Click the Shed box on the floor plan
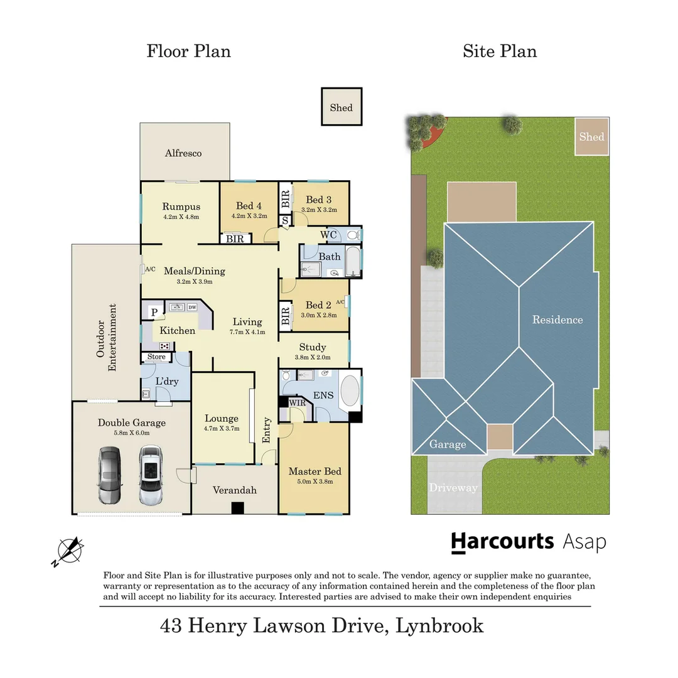point(342,107)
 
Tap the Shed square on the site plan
point(591,136)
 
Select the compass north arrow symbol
point(68,551)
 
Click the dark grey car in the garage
point(110,475)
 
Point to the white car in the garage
point(151,475)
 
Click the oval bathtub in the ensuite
point(350,390)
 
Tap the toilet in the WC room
point(353,235)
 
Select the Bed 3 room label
point(319,200)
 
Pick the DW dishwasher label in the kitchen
point(193,307)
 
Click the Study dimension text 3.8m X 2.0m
point(313,357)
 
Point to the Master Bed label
point(315,471)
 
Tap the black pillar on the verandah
point(237,508)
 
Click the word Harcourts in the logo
point(502,542)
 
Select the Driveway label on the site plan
point(453,488)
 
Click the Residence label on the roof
point(557,320)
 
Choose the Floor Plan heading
point(188,51)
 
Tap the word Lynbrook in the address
point(439,626)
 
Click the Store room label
point(156,357)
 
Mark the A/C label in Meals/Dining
point(150,269)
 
